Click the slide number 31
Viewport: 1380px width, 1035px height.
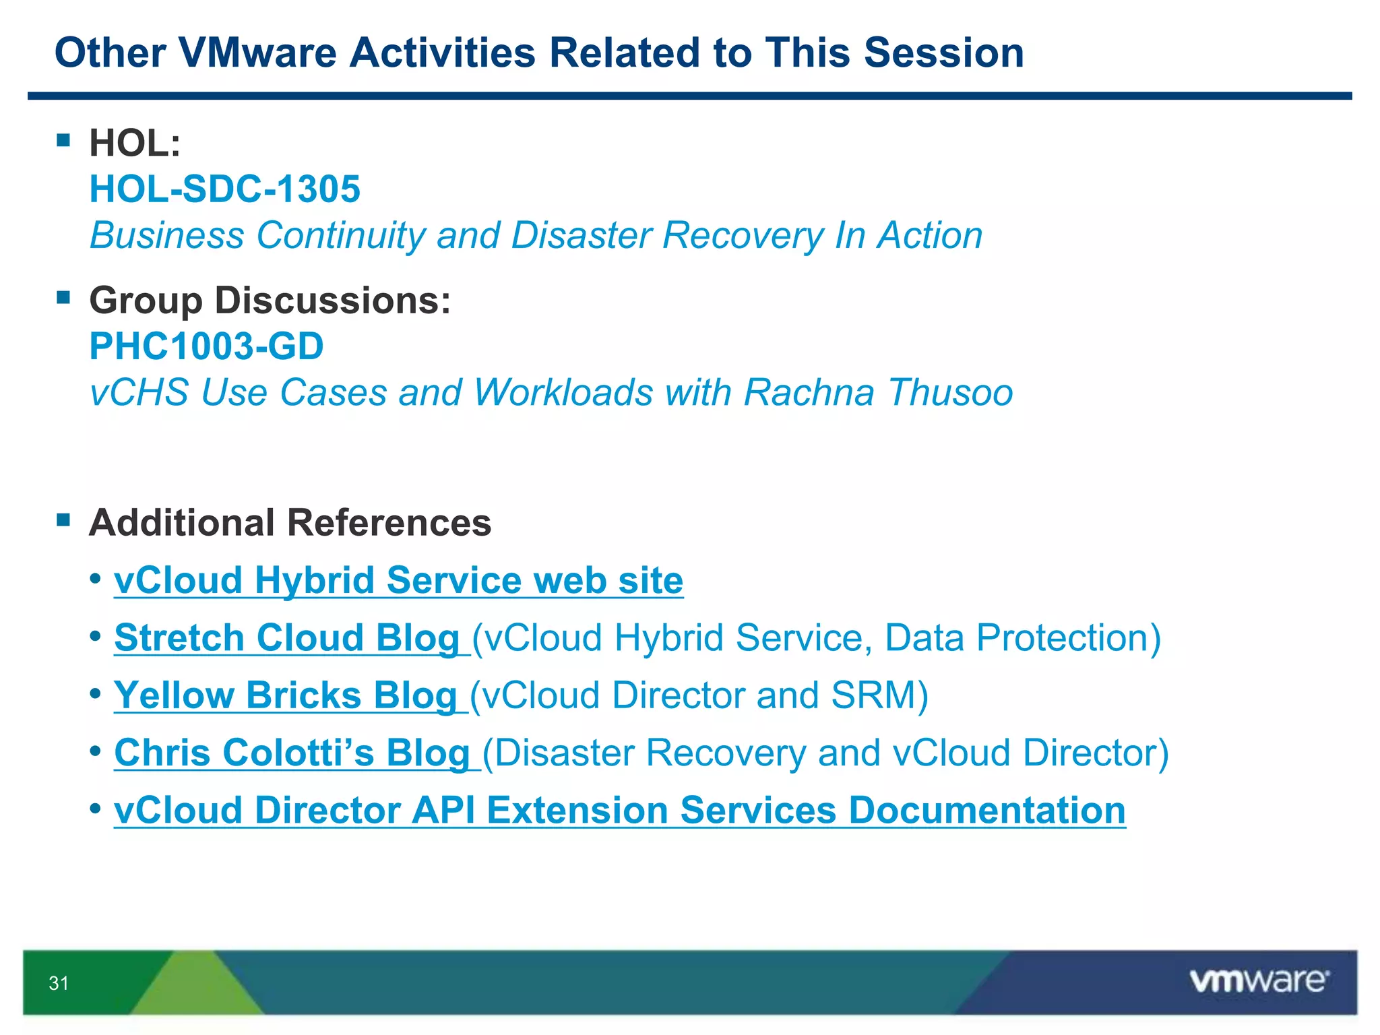(59, 983)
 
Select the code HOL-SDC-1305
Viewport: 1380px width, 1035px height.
(225, 189)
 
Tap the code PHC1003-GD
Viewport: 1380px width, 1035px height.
(206, 346)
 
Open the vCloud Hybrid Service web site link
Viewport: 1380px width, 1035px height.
(398, 581)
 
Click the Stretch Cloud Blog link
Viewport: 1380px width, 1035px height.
(287, 638)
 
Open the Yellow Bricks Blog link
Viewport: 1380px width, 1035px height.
(286, 695)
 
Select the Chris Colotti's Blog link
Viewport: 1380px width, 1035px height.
(292, 753)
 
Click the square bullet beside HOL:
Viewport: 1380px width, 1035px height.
(64, 140)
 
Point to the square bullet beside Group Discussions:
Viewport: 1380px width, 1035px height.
(64, 297)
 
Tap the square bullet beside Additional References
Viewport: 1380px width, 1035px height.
(64, 520)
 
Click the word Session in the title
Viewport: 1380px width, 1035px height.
(943, 53)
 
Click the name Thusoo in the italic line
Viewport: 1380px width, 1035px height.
(950, 392)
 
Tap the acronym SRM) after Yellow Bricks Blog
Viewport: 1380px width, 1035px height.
(879, 695)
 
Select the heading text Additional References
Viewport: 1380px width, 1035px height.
(290, 523)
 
